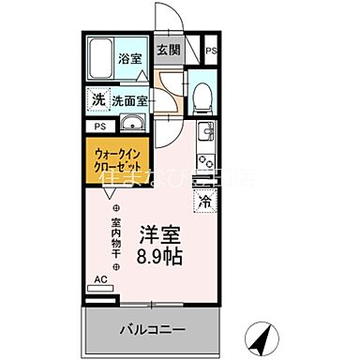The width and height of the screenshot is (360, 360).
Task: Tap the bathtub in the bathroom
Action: [102, 58]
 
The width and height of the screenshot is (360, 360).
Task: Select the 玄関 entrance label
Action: [168, 50]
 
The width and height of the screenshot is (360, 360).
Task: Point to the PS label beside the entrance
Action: [211, 51]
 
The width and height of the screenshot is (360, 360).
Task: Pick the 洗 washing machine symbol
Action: [98, 98]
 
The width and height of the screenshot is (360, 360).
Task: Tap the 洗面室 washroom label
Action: [129, 98]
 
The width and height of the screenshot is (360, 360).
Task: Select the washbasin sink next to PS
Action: [130, 125]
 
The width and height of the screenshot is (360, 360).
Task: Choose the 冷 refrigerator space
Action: [203, 199]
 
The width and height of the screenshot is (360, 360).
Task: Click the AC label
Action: [100, 278]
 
